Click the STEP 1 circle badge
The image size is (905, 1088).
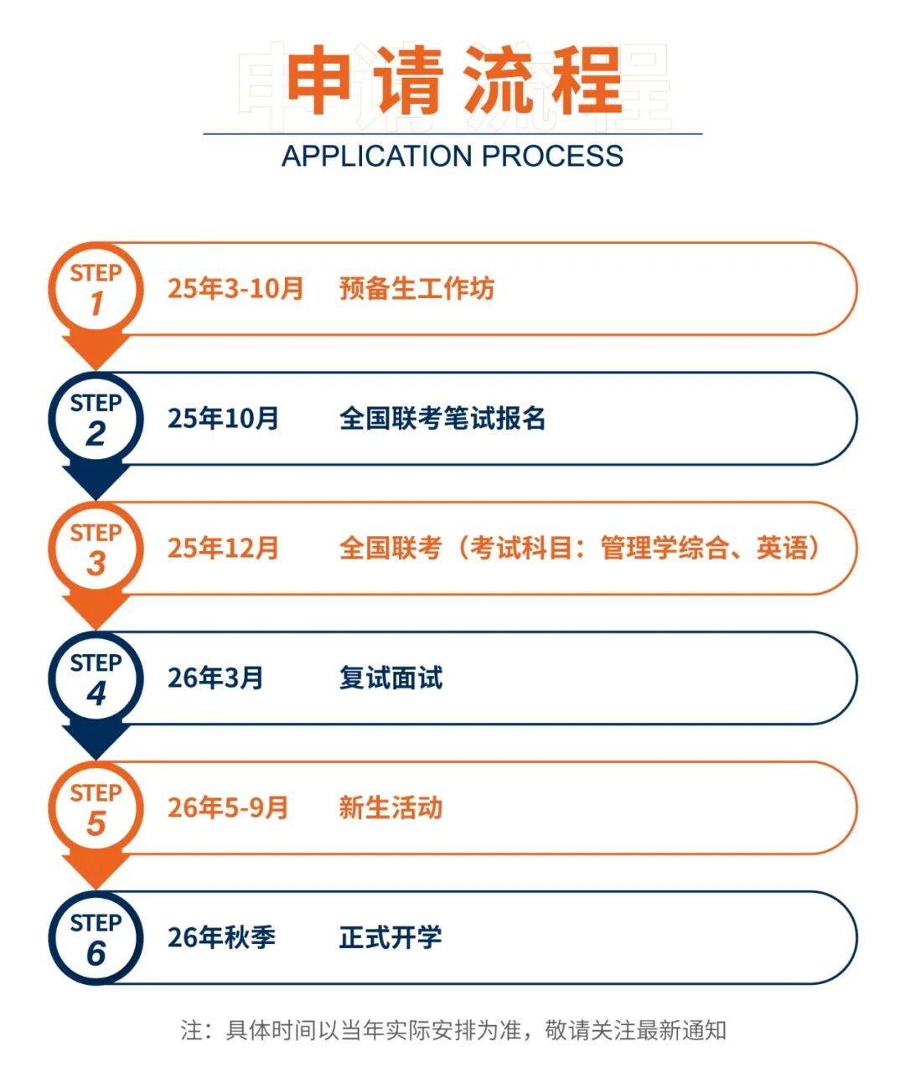(x=96, y=289)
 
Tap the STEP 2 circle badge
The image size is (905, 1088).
(x=96, y=419)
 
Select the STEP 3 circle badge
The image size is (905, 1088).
(x=96, y=549)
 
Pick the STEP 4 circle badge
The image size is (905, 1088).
(x=96, y=678)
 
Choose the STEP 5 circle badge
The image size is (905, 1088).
(x=96, y=808)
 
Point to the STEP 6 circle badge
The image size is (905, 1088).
(x=96, y=938)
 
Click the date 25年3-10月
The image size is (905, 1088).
(x=235, y=289)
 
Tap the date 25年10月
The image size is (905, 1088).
(x=223, y=418)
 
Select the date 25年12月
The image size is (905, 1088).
(x=223, y=548)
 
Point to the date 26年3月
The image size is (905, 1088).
(x=215, y=678)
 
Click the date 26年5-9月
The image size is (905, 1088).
(x=228, y=807)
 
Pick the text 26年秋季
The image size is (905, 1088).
(x=221, y=937)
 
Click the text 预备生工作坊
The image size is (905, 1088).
(x=416, y=289)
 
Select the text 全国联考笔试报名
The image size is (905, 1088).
(x=442, y=418)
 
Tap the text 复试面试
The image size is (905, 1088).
(x=390, y=678)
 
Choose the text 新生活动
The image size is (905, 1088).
(x=390, y=807)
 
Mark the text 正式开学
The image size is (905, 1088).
(x=390, y=937)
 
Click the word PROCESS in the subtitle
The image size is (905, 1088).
(x=552, y=157)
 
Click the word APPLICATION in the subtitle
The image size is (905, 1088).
(x=377, y=157)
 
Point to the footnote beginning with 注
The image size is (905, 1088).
(x=453, y=1029)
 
